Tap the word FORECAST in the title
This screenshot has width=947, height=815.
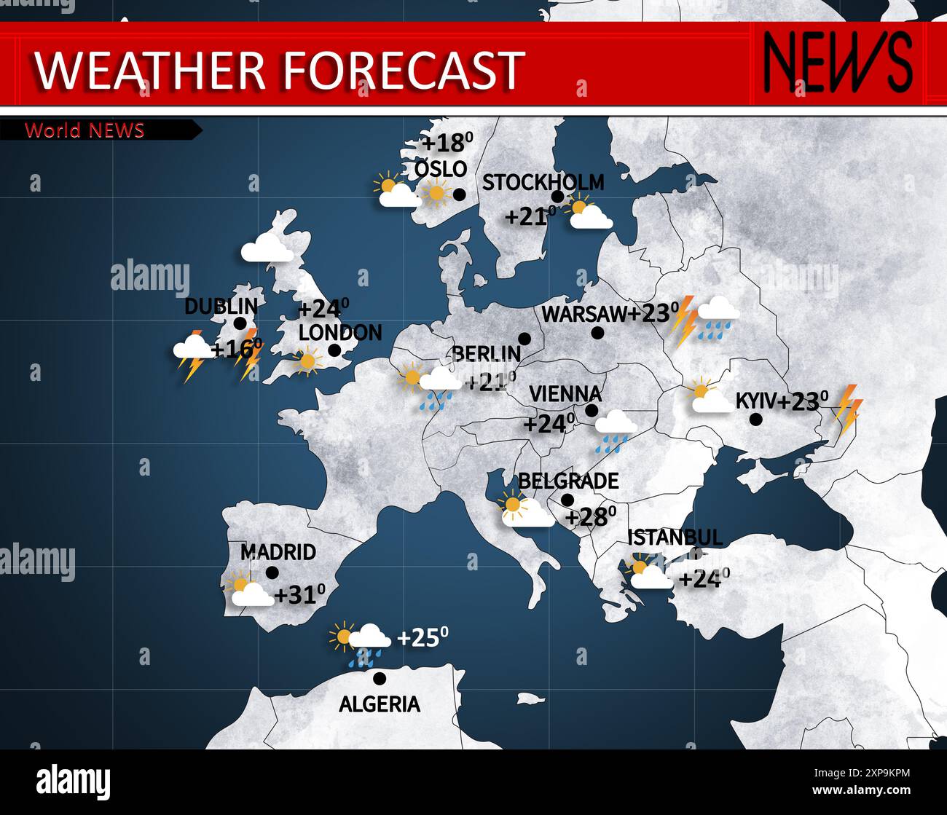click(x=403, y=70)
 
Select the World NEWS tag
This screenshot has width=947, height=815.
click(x=85, y=130)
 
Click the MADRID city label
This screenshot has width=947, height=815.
click(x=278, y=552)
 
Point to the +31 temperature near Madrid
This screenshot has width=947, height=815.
click(x=299, y=594)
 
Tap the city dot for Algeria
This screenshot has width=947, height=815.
click(x=379, y=678)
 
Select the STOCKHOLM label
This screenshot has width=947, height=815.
click(x=543, y=182)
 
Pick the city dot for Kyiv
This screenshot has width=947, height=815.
click(x=755, y=419)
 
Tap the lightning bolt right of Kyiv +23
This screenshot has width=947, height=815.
click(x=848, y=409)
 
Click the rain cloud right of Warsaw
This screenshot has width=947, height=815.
click(x=718, y=318)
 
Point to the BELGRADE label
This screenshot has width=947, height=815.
click(x=568, y=481)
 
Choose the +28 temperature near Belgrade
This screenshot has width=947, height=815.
click(x=590, y=516)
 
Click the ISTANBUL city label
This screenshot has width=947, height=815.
click(x=675, y=538)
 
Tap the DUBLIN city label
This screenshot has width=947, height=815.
click(x=221, y=306)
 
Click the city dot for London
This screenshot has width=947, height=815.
click(x=334, y=350)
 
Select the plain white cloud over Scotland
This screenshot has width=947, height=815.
click(x=267, y=248)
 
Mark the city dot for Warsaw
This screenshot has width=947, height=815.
click(x=597, y=333)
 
